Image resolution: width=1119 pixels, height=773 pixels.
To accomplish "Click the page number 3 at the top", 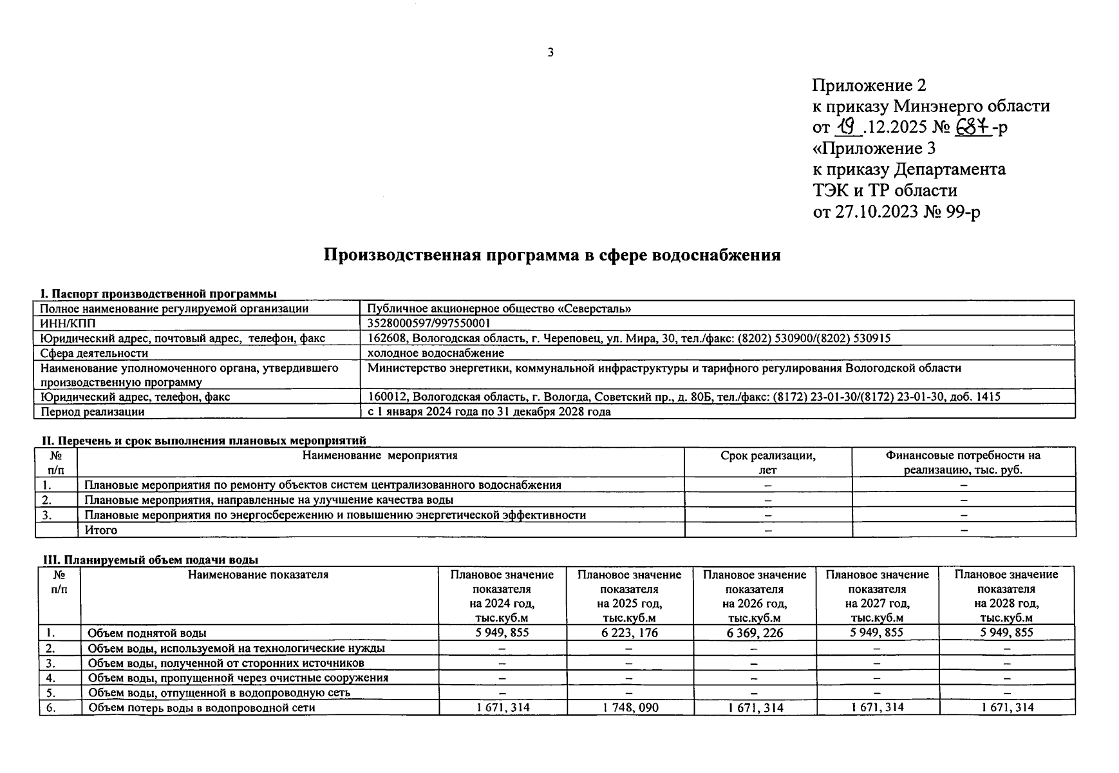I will pyautogui.click(x=550, y=53).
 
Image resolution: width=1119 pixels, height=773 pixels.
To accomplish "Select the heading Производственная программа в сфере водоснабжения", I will pyautogui.click(x=551, y=255).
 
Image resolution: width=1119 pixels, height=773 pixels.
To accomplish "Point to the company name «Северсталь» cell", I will pyautogui.click(x=499, y=309).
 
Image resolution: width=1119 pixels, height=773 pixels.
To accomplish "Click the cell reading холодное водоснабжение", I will pyautogui.click(x=436, y=353).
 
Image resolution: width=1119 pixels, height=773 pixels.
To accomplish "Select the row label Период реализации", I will pyautogui.click(x=93, y=412).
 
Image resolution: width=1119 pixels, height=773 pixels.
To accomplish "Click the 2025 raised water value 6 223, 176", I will pyautogui.click(x=630, y=633).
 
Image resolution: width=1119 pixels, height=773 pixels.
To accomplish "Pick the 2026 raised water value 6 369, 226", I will pyautogui.click(x=755, y=633).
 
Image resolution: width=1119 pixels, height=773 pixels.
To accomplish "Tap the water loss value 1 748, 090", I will pyautogui.click(x=630, y=707).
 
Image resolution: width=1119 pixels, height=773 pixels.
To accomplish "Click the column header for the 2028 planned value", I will pyautogui.click(x=1006, y=596).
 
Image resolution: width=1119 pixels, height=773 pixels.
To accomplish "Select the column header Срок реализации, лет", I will pyautogui.click(x=768, y=463).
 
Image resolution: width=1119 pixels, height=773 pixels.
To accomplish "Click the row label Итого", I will pyautogui.click(x=100, y=530).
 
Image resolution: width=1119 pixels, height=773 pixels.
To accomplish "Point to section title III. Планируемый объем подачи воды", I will pyautogui.click(x=151, y=560).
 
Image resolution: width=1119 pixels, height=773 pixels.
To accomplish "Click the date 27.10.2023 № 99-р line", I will pyautogui.click(x=896, y=211).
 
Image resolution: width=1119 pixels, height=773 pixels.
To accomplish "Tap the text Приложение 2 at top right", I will pyautogui.click(x=869, y=85).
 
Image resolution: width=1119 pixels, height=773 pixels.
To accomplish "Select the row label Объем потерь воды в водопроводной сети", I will pyautogui.click(x=202, y=708).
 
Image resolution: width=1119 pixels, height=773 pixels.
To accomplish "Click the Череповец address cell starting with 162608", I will pyautogui.click(x=629, y=338).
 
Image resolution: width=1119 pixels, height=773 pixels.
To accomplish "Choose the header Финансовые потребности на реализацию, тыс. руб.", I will pyautogui.click(x=963, y=463).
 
